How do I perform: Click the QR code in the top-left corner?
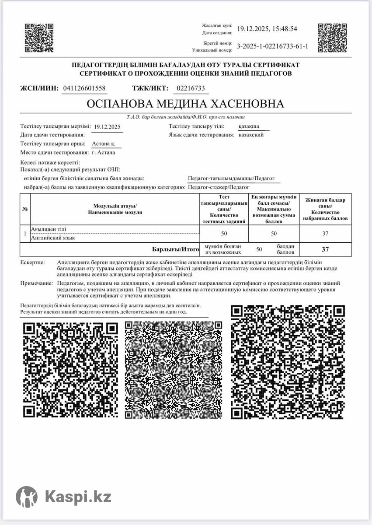(38, 37)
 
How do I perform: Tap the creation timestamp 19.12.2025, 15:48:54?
(267, 29)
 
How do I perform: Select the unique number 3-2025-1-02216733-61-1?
(272, 46)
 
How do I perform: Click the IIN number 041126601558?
(84, 88)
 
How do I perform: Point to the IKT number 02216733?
(190, 88)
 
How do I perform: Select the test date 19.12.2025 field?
(107, 127)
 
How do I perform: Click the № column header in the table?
(25, 209)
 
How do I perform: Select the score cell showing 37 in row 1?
(325, 234)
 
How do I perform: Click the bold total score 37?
(325, 249)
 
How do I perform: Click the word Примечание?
(36, 283)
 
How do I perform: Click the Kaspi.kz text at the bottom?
(78, 497)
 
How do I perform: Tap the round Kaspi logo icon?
(27, 497)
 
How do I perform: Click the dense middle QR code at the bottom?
(174, 370)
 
